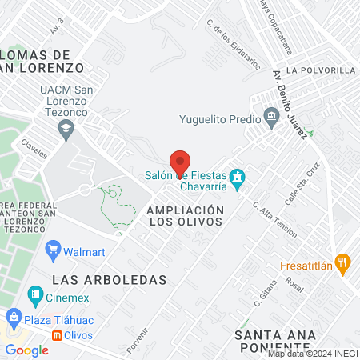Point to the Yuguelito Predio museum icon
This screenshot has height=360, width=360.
(272, 118)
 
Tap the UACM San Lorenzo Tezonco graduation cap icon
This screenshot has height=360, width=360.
(69, 126)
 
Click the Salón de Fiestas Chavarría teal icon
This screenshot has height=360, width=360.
(237, 176)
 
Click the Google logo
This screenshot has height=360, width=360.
(26, 350)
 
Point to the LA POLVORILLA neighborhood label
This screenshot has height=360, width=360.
(319, 70)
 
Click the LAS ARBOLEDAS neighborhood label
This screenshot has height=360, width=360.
(109, 280)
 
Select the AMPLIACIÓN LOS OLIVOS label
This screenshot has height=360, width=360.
(185, 215)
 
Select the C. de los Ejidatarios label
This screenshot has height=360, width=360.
(234, 45)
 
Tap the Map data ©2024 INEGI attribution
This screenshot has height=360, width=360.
(313, 354)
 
